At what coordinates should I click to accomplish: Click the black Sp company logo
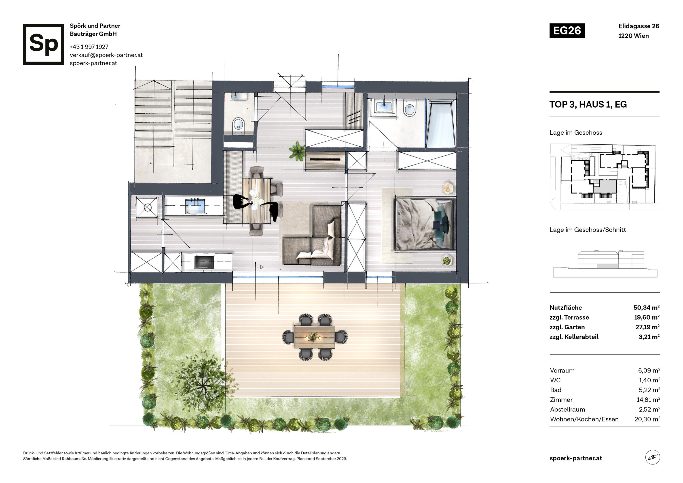point(43,44)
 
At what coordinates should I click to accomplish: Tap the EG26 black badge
point(567,31)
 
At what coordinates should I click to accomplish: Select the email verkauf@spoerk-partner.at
point(106,55)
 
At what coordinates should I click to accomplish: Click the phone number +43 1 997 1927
point(89,47)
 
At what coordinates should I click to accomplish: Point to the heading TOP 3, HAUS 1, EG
point(588,104)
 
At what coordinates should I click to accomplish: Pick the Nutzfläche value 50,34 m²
point(646,307)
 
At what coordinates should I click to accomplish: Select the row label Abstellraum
point(567,409)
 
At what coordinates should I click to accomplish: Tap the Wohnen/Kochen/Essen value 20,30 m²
point(647,419)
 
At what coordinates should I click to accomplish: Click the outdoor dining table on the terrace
point(314,337)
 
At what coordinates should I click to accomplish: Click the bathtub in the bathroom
point(441,123)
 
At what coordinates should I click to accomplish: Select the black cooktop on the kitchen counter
point(204,262)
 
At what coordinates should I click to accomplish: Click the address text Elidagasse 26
point(639,26)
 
